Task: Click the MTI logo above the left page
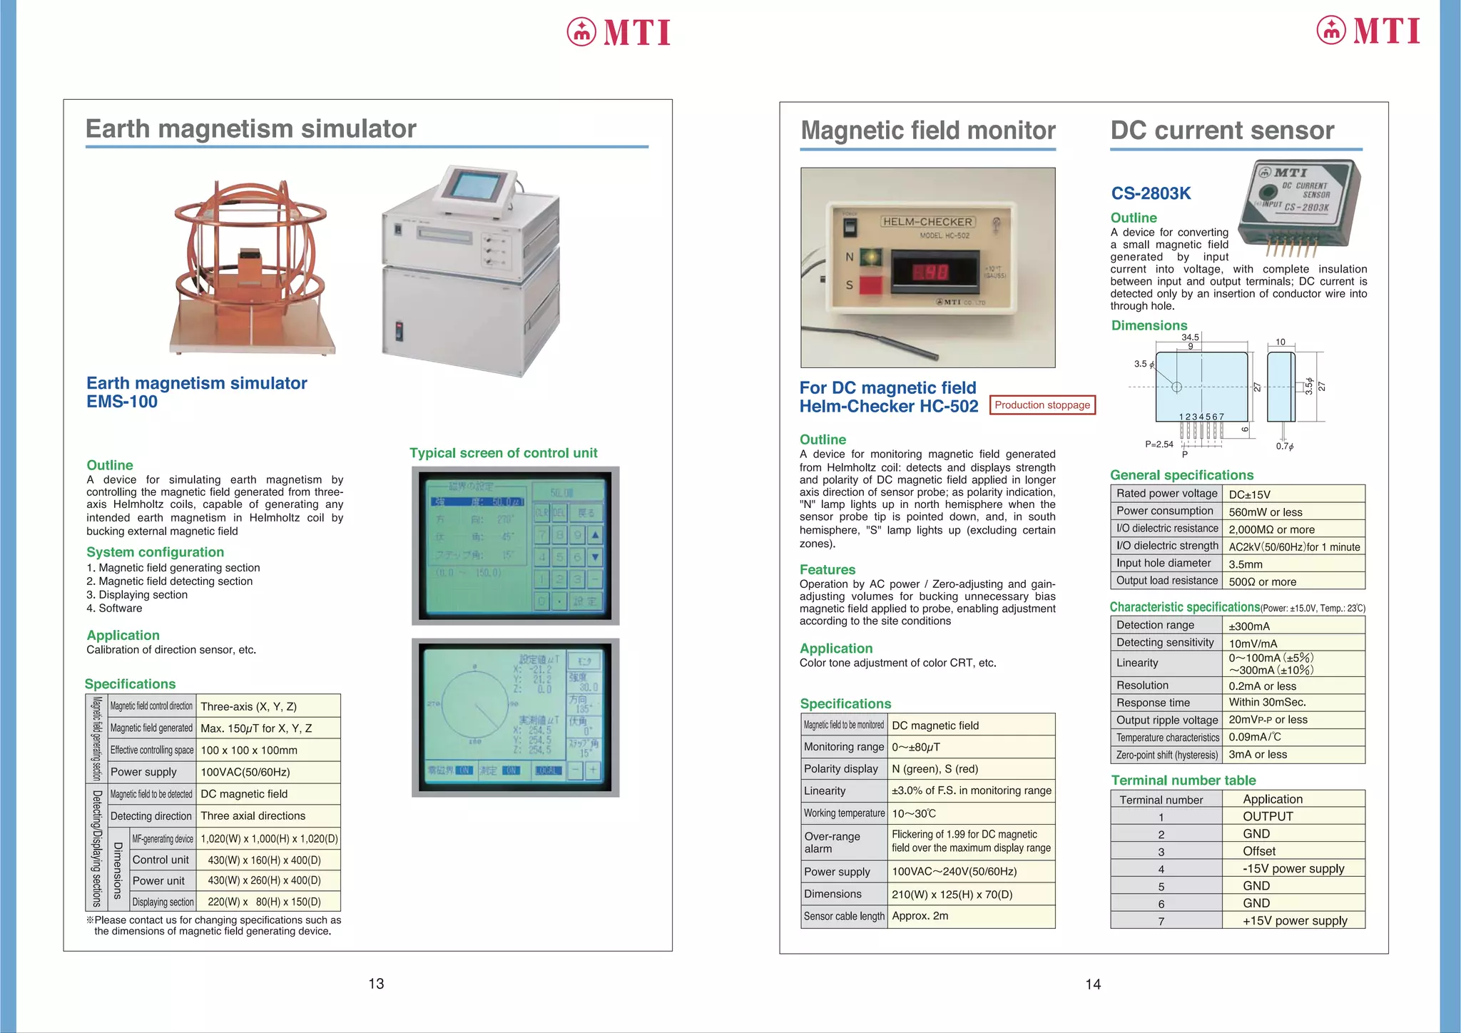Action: pyautogui.click(x=618, y=32)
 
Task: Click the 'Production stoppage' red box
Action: pyautogui.click(x=1042, y=405)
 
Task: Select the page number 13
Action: pyautogui.click(x=376, y=984)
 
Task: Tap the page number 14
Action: pyautogui.click(x=1093, y=984)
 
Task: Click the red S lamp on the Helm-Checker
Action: pyautogui.click(x=870, y=285)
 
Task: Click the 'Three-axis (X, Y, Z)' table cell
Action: pyautogui.click(x=248, y=706)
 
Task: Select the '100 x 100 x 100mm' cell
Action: pyautogui.click(x=249, y=750)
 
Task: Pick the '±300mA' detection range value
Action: pyautogui.click(x=1249, y=626)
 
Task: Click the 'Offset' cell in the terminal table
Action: pyautogui.click(x=1259, y=851)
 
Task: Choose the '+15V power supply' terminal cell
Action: pyautogui.click(x=1295, y=920)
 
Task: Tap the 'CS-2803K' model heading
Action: pyautogui.click(x=1151, y=193)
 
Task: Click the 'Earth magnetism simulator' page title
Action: pyautogui.click(x=250, y=129)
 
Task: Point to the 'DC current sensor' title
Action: pyautogui.click(x=1222, y=131)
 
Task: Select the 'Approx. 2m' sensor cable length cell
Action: pyautogui.click(x=920, y=916)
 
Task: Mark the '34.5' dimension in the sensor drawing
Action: pyautogui.click(x=1190, y=337)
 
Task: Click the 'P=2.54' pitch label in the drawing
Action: pyautogui.click(x=1159, y=444)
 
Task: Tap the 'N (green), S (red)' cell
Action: pyautogui.click(x=935, y=769)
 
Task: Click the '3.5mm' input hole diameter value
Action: pyautogui.click(x=1246, y=564)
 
